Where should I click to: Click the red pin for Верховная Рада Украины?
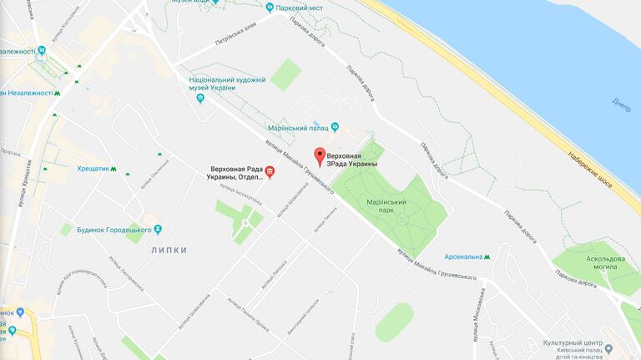(318, 155)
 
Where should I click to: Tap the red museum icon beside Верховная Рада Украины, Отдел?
(270, 172)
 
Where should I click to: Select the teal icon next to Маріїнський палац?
(335, 127)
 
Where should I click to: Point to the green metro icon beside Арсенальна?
(487, 256)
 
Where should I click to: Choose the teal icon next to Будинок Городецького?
(157, 229)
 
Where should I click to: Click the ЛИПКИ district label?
(169, 251)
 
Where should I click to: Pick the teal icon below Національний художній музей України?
(199, 98)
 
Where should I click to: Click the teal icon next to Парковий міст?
(270, 8)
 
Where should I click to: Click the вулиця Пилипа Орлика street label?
(224, 311)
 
